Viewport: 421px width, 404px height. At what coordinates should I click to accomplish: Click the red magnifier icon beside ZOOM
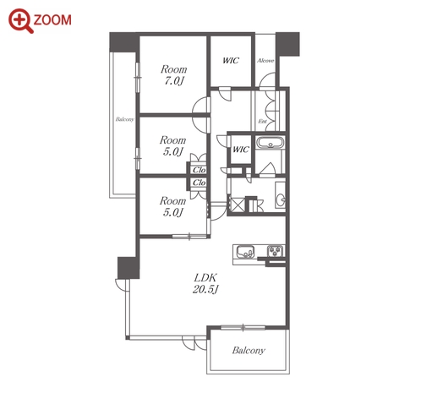point(20,21)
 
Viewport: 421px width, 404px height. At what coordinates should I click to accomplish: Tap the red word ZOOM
point(52,20)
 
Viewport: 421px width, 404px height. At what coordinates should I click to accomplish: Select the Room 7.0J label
point(173,75)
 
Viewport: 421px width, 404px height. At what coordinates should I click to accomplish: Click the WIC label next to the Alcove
point(231,60)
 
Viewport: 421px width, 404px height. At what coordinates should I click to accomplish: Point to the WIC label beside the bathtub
point(241,150)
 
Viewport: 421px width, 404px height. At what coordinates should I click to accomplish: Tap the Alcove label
point(265,61)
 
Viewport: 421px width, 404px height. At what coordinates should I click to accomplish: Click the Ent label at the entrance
point(262,122)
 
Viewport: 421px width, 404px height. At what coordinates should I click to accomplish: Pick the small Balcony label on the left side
point(124,119)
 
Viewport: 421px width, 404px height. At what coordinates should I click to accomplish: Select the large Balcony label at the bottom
point(249,350)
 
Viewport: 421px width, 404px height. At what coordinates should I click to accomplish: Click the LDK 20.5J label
point(205,283)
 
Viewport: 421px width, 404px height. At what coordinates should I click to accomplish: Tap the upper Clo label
point(199,170)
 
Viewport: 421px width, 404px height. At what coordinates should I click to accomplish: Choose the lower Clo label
point(199,183)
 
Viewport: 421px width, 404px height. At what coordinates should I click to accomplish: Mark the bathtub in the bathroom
point(271,143)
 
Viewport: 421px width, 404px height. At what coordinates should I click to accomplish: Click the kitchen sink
point(245,251)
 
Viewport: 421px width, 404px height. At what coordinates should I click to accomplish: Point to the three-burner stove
point(276,251)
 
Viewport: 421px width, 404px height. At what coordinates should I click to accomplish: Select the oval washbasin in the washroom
point(281,199)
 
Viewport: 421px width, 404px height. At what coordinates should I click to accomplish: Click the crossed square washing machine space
point(238,204)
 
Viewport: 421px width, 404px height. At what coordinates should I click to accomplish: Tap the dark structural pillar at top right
point(287,44)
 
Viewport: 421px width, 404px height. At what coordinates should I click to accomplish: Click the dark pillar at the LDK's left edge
point(128,268)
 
